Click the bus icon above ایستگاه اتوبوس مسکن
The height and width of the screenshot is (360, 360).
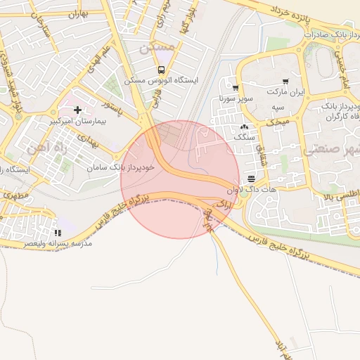[162, 70]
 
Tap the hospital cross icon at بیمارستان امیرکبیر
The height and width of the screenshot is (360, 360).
[77, 110]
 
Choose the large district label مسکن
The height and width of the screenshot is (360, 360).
[156, 47]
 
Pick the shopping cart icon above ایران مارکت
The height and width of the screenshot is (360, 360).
[285, 82]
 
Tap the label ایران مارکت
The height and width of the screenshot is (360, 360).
[287, 93]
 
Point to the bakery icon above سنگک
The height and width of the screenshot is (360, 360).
[244, 127]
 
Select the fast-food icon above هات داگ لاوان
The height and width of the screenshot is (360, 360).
[252, 179]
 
